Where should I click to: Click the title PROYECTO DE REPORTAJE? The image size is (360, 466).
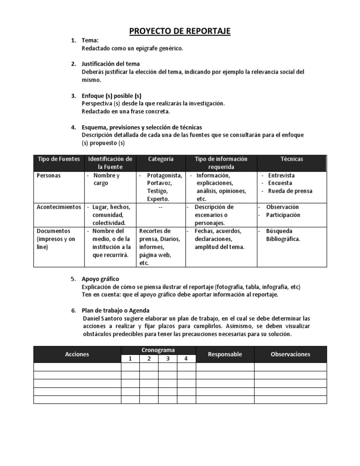[x=180, y=31]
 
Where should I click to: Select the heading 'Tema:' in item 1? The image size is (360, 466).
[x=90, y=41]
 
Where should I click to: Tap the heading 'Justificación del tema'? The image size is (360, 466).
[x=111, y=64]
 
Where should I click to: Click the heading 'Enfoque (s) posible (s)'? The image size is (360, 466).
[x=112, y=96]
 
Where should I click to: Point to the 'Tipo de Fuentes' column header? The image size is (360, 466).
[x=58, y=159]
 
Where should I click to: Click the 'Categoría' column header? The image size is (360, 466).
[x=161, y=159]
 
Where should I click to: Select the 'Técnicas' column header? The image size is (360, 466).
[x=292, y=159]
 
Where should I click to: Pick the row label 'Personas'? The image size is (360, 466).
[x=48, y=175]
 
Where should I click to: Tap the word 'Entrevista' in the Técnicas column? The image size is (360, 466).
[x=281, y=175]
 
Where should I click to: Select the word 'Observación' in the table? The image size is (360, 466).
[x=282, y=207]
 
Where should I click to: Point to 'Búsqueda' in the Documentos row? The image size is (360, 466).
[x=279, y=231]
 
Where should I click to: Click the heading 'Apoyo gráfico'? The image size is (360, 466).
[x=100, y=278]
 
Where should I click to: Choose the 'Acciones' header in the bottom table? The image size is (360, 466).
[x=77, y=354]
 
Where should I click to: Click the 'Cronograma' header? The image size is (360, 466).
[x=158, y=350]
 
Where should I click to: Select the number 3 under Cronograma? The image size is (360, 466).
[x=167, y=359]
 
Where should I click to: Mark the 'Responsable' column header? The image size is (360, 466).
[x=225, y=354]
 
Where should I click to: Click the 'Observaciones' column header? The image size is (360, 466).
[x=291, y=354]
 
